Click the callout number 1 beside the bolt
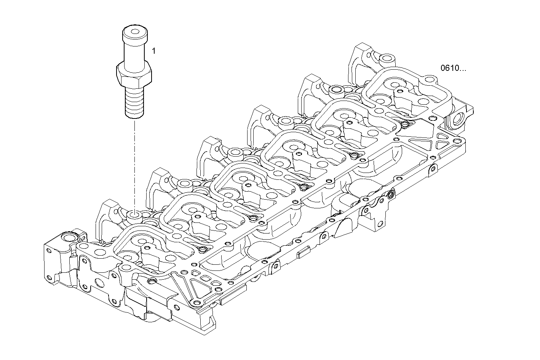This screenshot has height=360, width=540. pyautogui.click(x=153, y=51)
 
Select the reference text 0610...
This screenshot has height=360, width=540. pyautogui.click(x=453, y=69)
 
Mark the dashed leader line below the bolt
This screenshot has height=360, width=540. pyautogui.click(x=134, y=164)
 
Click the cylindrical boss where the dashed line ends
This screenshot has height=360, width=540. pyautogui.click(x=134, y=216)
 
